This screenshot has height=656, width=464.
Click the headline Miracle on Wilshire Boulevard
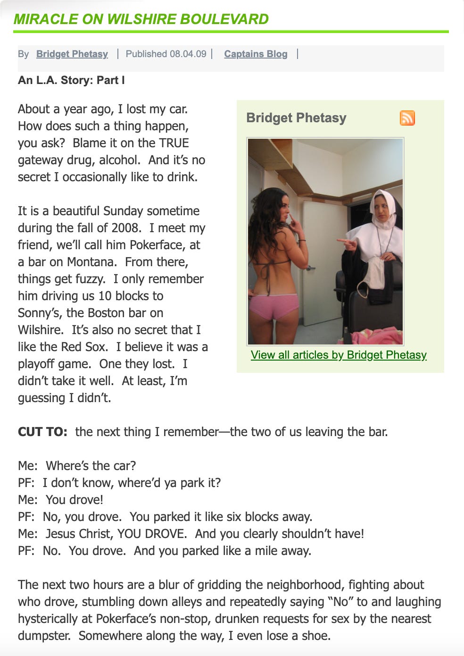pyautogui.click(x=141, y=19)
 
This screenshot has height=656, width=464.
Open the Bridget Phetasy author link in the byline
pyautogui.click(x=72, y=54)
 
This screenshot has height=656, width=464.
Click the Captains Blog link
pyautogui.click(x=256, y=54)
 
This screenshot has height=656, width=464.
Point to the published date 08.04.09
pyautogui.click(x=188, y=54)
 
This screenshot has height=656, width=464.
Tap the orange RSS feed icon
pyautogui.click(x=407, y=118)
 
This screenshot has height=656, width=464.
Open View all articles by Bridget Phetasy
pyautogui.click(x=339, y=355)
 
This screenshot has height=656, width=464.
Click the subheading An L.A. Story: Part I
pyautogui.click(x=71, y=80)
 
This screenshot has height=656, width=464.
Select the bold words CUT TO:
pyautogui.click(x=42, y=432)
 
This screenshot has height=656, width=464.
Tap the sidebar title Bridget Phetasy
pyautogui.click(x=296, y=118)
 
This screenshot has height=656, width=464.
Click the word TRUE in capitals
pyautogui.click(x=174, y=143)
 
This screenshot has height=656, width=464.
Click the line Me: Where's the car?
pyautogui.click(x=77, y=466)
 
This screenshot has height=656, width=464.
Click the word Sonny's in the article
pyautogui.click(x=39, y=313)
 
